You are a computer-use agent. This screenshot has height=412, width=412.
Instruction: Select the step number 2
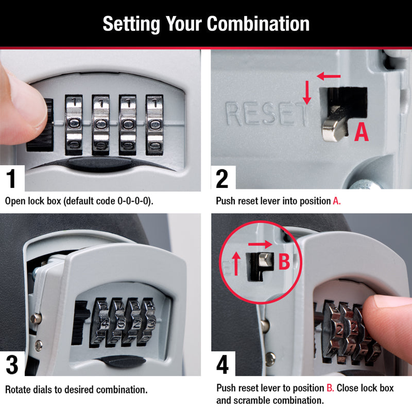pos(222,179)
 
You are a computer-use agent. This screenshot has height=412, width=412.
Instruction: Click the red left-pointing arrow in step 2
pos(330,77)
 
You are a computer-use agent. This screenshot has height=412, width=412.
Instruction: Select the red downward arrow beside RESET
pos(307,93)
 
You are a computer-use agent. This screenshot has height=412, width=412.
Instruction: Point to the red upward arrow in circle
pos(235,263)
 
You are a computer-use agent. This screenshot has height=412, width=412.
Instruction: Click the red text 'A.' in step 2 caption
pos(336,201)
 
